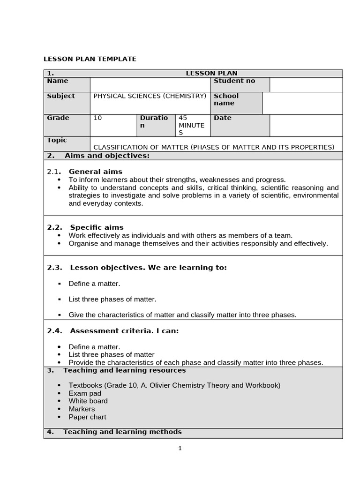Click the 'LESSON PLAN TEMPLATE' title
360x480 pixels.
[90, 59]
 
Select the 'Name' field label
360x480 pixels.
[57, 81]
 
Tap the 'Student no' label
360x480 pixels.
[234, 81]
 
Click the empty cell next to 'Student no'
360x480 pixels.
[306, 85]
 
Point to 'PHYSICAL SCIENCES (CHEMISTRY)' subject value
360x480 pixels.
[150, 96]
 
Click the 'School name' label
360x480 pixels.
[226, 99]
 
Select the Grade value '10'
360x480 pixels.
[97, 118]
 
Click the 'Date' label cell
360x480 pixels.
[223, 118]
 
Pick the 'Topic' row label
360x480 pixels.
[57, 140]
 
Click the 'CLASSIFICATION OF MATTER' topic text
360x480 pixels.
[214, 147]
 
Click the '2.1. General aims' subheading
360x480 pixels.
[85, 172]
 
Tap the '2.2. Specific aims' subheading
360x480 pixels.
[85, 227]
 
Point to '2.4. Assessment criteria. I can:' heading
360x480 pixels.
[113, 331]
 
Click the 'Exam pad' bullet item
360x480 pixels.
[85, 393]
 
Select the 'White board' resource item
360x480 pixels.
[88, 401]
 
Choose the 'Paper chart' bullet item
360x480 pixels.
[87, 417]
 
